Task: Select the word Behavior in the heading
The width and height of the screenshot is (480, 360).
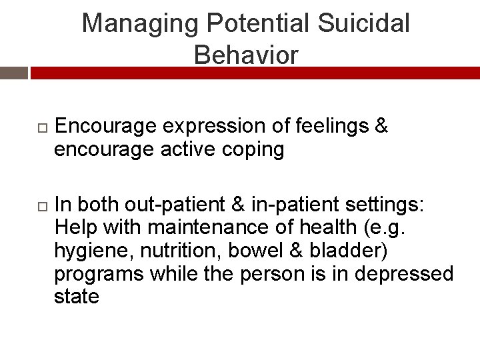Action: click(246, 55)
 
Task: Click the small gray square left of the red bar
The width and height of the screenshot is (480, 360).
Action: click(13, 73)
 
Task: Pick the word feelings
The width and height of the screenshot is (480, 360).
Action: click(331, 125)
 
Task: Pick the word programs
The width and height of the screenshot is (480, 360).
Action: click(99, 273)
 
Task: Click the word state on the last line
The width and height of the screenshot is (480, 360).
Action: click(76, 296)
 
